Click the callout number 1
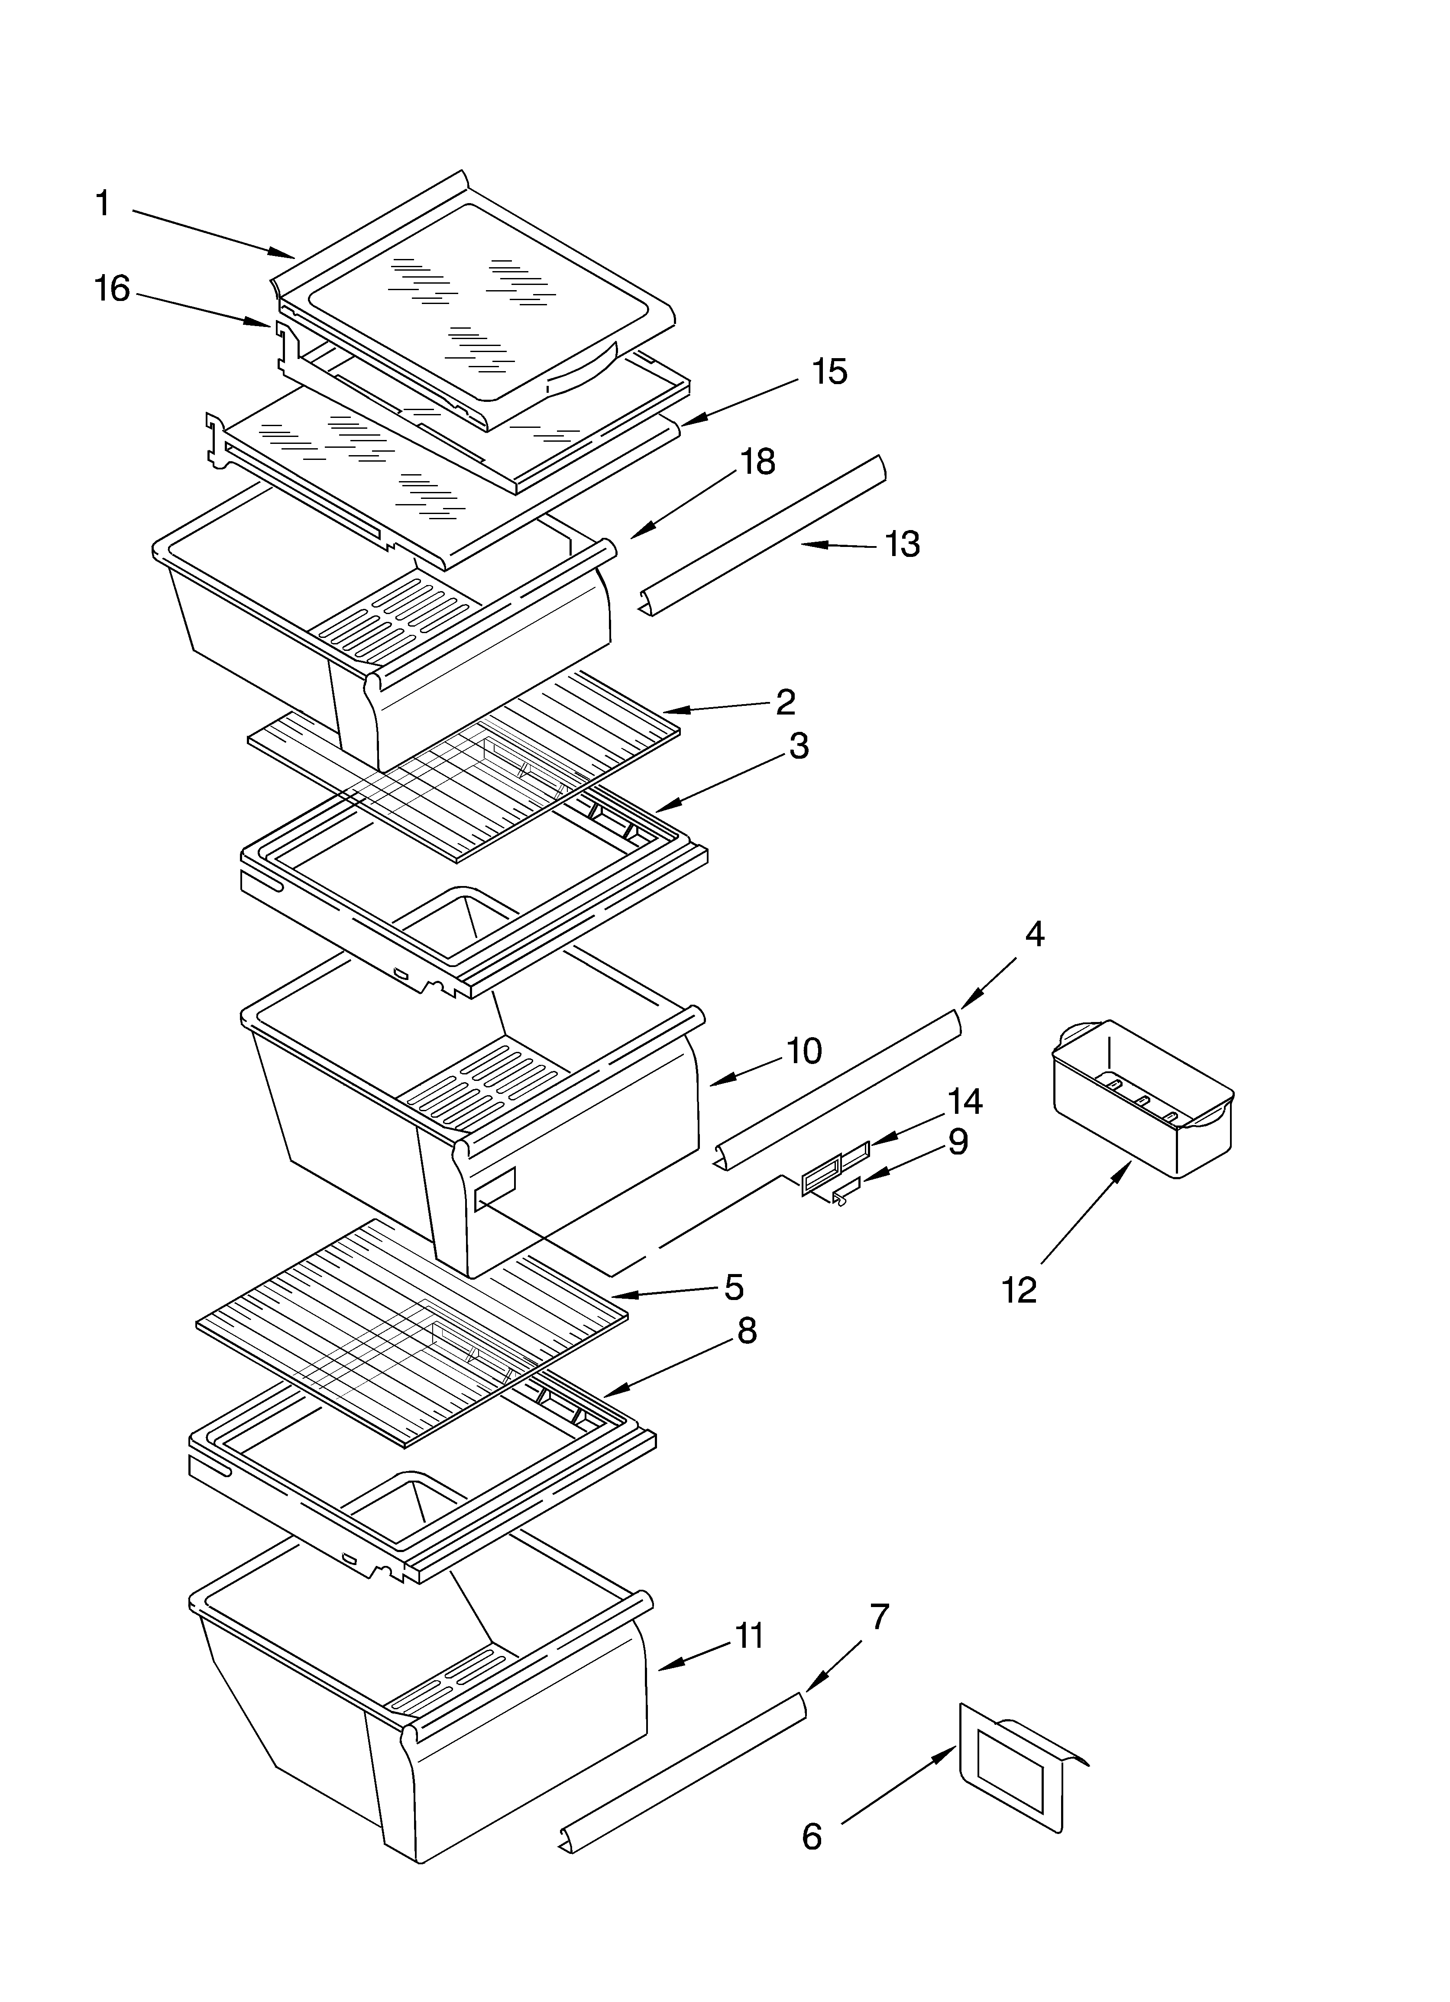pyautogui.click(x=104, y=204)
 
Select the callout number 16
pyautogui.click(x=112, y=289)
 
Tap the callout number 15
pyautogui.click(x=829, y=372)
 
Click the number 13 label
pyautogui.click(x=902, y=545)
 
